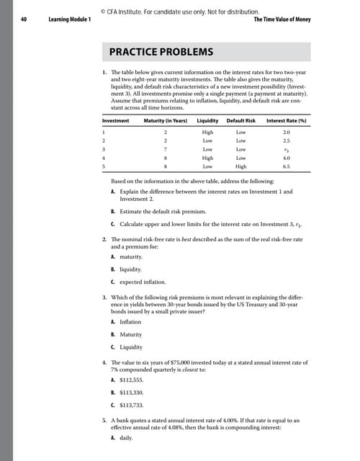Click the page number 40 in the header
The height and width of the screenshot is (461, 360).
click(27, 19)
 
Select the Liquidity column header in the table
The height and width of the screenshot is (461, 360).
click(208, 120)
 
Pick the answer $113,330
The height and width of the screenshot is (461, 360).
click(135, 398)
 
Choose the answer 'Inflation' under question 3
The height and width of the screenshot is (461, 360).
click(130, 321)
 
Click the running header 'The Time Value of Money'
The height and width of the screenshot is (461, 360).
click(282, 19)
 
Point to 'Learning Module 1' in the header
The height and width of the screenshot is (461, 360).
click(69, 19)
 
